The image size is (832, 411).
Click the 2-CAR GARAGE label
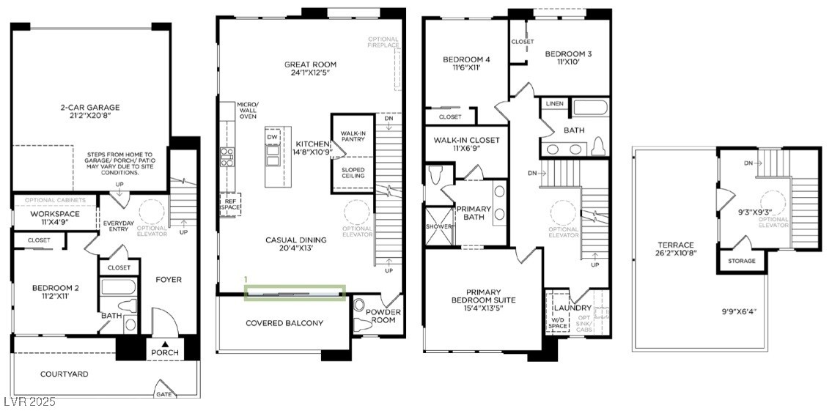point(90,108)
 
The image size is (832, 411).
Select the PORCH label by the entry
point(164,352)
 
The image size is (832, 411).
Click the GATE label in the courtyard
point(164,393)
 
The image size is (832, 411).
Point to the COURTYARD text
point(64,374)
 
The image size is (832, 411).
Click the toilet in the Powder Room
point(361,306)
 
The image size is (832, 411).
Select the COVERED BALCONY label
point(284,323)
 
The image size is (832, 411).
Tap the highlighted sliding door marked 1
point(295,293)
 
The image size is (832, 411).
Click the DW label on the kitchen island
point(273,138)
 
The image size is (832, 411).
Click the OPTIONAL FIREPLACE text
point(383,42)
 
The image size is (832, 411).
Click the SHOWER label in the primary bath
point(438,226)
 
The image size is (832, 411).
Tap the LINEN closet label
point(555,104)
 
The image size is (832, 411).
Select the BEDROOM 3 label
point(568,53)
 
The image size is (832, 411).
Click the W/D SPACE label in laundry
point(558,322)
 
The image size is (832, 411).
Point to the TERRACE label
point(676,245)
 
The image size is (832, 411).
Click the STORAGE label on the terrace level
point(742,261)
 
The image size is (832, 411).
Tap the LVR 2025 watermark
point(29,402)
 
